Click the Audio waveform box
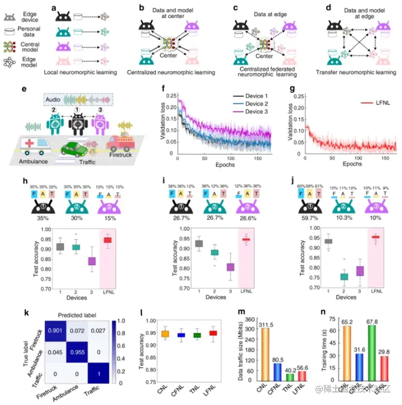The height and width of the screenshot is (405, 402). click(79, 100)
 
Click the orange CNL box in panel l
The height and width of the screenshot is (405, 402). click(164, 334)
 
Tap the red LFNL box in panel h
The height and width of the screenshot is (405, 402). click(107, 240)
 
